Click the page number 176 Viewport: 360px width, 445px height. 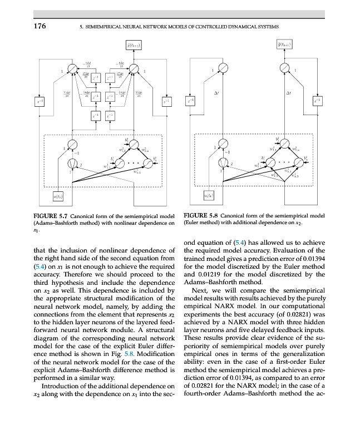click(38, 26)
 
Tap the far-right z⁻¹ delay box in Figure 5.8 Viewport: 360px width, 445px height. click(317, 101)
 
